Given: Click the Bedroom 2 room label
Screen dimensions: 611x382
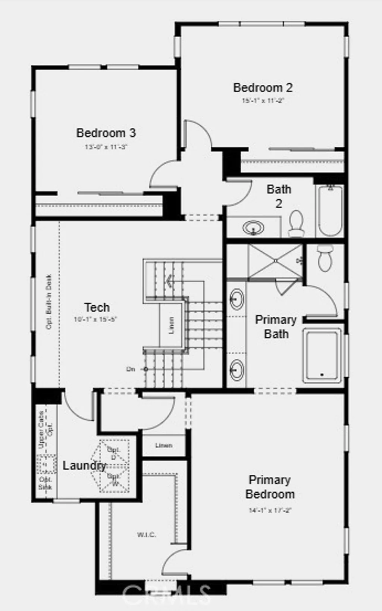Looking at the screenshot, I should (x=263, y=88).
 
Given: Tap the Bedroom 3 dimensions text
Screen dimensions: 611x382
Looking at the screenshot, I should (x=106, y=147).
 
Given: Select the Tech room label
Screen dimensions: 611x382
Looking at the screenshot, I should (x=97, y=307).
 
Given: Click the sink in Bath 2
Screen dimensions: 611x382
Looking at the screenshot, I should (x=254, y=227).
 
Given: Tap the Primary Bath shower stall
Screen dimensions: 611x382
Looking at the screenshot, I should (x=275, y=261).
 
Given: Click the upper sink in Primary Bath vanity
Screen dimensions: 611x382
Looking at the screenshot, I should (x=237, y=299).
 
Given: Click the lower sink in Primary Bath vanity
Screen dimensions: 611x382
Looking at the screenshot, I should (x=237, y=369).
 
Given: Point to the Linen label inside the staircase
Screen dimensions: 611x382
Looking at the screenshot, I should (x=171, y=325).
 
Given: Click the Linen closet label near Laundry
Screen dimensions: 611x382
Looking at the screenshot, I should (x=164, y=445).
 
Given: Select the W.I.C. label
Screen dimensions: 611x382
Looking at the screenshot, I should (x=146, y=535).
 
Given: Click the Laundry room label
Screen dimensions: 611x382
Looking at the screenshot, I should (x=84, y=465).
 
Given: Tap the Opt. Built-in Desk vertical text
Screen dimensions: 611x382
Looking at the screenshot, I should (x=49, y=302).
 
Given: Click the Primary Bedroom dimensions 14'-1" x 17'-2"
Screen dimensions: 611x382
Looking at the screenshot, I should (x=270, y=510).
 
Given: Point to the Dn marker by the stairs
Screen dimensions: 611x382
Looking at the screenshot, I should (x=131, y=369).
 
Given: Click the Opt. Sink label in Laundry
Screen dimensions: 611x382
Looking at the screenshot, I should (x=46, y=483).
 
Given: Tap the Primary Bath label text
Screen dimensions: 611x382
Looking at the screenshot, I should (x=276, y=327).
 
